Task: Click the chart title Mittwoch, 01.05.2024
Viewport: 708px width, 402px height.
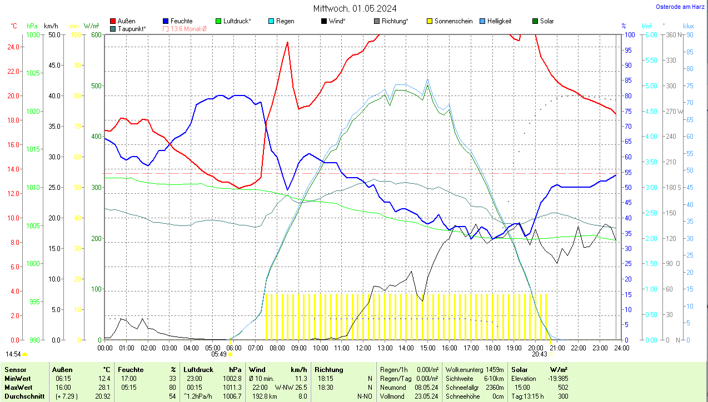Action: coord(355,8)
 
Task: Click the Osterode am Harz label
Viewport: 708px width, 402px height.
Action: coord(680,7)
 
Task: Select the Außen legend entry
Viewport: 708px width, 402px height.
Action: coord(126,21)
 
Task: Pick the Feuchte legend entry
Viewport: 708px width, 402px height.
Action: coord(181,21)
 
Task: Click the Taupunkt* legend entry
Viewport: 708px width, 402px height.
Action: coord(132,28)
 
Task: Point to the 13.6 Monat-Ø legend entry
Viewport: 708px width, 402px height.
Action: coord(188,28)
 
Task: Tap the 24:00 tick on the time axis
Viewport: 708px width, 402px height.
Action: coord(621,348)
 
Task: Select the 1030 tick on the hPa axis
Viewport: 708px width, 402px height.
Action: coord(33,34)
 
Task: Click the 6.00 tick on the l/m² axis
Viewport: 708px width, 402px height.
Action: coord(650,34)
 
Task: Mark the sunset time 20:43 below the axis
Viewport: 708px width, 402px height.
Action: coord(539,354)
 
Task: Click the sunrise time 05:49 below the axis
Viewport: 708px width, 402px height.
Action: coord(219,354)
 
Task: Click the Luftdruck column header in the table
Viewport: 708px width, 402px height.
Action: coord(199,370)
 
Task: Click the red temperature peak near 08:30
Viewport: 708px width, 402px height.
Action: coord(287,42)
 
